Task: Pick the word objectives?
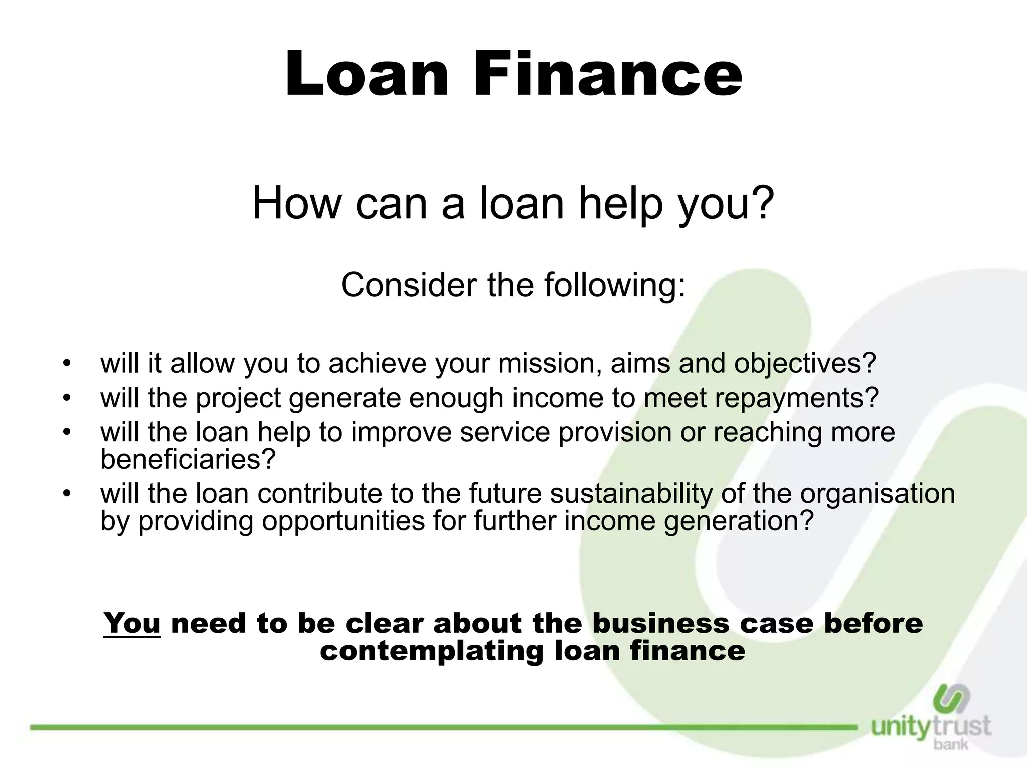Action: [805, 364]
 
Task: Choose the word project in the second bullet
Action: [238, 398]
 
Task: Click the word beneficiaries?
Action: [188, 458]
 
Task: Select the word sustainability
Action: [631, 493]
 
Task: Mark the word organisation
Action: [878, 493]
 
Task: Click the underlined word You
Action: [132, 623]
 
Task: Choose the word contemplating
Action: [431, 651]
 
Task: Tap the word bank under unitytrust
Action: [951, 744]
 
